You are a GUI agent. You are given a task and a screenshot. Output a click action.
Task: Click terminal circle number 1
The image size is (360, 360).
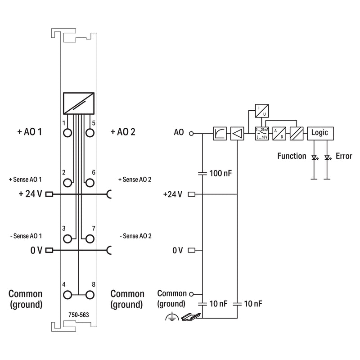tap(67, 133)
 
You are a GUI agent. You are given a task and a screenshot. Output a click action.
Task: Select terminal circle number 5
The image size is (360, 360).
tap(90, 133)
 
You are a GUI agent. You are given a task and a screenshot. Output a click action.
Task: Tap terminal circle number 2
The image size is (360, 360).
tap(67, 183)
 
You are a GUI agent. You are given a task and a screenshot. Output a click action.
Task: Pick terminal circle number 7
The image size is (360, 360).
tap(90, 239)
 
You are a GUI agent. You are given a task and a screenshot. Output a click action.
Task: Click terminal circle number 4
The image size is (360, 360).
tap(67, 295)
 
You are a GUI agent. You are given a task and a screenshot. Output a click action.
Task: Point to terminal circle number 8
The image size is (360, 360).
tap(90, 295)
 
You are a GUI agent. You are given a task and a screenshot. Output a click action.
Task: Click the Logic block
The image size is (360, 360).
tap(320, 133)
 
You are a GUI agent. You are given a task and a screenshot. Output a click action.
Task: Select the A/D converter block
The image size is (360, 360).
tap(279, 134)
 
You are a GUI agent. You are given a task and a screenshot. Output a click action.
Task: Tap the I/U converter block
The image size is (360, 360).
tap(262, 111)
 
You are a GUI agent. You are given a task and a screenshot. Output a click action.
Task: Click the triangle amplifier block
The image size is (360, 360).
tap(237, 133)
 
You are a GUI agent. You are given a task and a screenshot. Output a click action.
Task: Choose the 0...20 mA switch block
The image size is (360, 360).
tap(262, 134)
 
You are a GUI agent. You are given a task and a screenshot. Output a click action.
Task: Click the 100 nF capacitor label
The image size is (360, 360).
tap(220, 173)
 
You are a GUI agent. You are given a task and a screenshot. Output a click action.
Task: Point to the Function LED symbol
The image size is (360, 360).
tap(315, 157)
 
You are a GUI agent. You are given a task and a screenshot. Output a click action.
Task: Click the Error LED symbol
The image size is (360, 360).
tap(328, 157)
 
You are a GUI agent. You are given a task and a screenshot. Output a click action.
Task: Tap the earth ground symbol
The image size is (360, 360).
tap(172, 317)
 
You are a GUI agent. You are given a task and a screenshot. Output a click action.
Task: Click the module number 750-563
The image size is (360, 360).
tap(78, 315)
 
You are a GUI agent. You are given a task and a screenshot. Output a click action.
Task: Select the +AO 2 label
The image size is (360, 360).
tap(123, 132)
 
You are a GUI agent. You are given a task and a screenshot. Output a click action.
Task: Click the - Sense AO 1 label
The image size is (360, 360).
tap(26, 236)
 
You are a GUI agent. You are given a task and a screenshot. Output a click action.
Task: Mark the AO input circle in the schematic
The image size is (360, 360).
tap(191, 133)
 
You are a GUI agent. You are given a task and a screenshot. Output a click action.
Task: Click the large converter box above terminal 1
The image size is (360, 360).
tap(79, 103)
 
